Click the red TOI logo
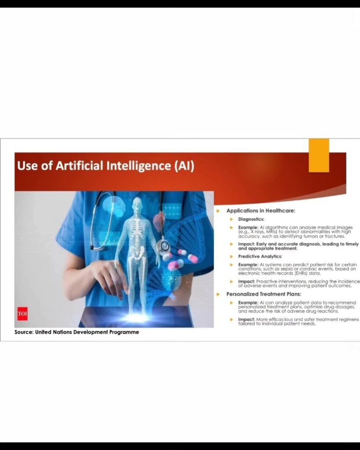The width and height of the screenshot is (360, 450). [23, 314]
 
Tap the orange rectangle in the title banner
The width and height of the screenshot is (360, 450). [319, 156]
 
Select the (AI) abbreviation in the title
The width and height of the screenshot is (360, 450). [184, 166]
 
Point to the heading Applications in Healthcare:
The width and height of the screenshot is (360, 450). [261, 210]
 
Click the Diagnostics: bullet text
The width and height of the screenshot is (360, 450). [251, 219]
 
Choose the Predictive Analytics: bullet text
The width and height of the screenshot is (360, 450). [260, 256]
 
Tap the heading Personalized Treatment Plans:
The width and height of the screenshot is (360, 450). [264, 294]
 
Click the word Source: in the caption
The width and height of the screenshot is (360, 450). [24, 332]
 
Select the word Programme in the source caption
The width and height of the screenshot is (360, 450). [124, 332]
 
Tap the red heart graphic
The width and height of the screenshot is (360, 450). [159, 221]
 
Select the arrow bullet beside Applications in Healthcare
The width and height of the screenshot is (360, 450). [218, 211]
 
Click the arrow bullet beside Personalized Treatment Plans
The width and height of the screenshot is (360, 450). [218, 294]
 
